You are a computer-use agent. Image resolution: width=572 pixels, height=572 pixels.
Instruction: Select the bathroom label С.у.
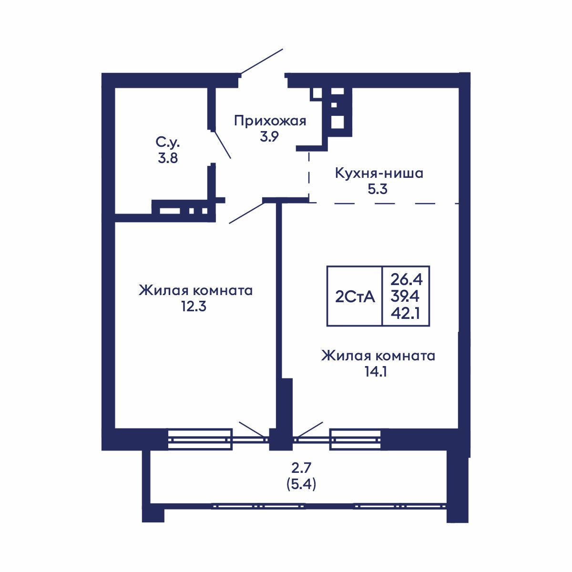(x=168, y=142)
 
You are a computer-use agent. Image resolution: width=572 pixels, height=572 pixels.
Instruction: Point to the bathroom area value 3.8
(x=168, y=158)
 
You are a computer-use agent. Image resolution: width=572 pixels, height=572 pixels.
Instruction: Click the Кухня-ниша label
(x=379, y=173)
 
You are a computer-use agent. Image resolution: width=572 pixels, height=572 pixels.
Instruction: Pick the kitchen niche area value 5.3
(x=378, y=189)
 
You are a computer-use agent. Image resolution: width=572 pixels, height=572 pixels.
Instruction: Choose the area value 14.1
(x=375, y=371)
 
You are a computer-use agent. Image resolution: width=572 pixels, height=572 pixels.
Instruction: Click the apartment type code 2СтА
(x=355, y=297)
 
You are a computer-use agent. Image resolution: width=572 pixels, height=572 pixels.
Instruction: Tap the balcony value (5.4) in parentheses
(x=301, y=484)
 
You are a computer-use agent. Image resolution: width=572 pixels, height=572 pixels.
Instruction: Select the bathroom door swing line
(x=221, y=143)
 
